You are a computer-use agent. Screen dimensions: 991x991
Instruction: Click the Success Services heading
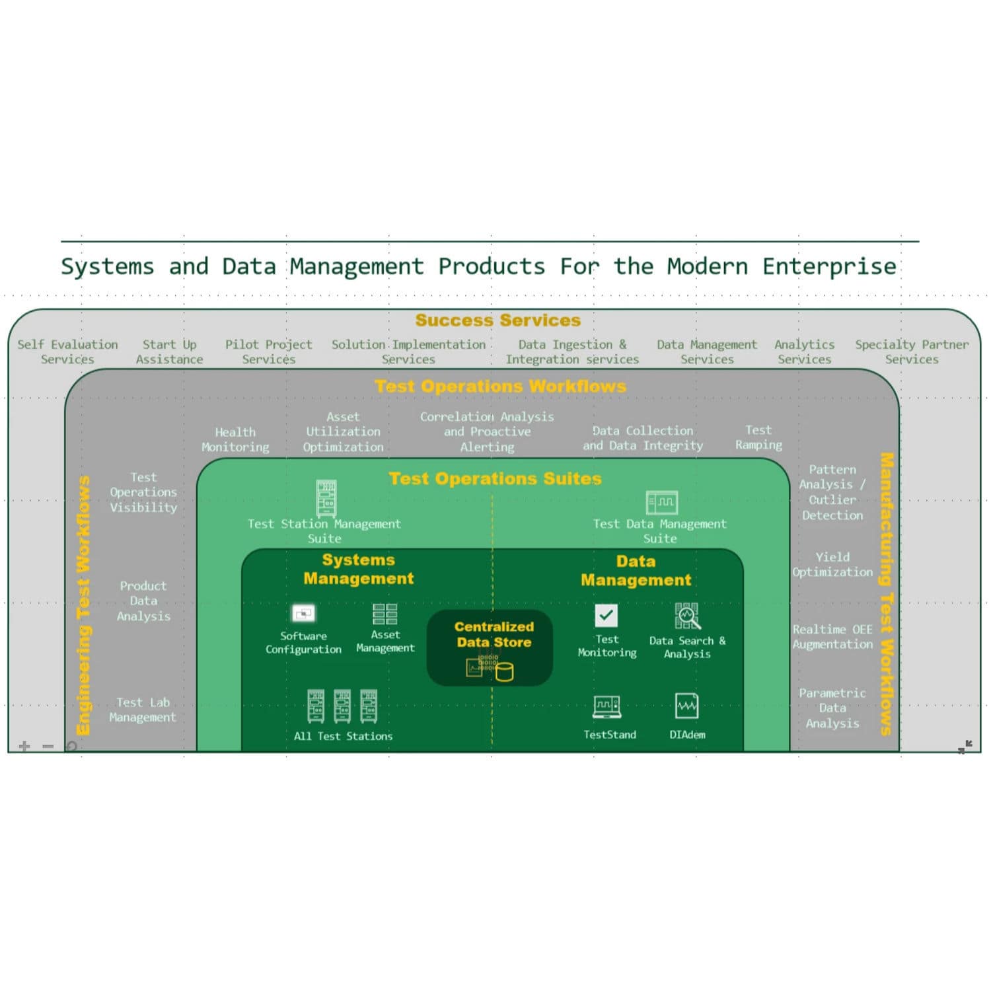tap(497, 320)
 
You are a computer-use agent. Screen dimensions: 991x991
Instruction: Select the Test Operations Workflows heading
tap(500, 386)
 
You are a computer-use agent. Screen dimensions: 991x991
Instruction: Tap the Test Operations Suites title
tap(495, 478)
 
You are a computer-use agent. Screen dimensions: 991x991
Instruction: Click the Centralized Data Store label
tap(494, 634)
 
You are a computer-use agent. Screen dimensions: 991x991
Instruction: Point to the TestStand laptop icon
tap(606, 707)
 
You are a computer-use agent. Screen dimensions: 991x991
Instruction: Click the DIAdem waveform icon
tap(686, 706)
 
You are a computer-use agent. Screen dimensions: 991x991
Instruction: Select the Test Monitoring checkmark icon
tap(606, 615)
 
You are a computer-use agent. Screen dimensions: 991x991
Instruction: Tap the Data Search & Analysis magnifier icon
tap(687, 616)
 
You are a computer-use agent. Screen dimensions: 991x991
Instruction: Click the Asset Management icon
tap(385, 614)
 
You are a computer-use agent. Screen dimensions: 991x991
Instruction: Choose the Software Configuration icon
tap(303, 614)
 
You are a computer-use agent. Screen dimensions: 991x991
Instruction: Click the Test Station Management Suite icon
tap(326, 498)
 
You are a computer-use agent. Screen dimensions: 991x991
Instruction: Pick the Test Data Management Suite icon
tap(661, 502)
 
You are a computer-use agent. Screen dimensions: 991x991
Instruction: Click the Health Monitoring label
tap(235, 439)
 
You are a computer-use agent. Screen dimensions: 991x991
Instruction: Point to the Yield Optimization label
tap(832, 564)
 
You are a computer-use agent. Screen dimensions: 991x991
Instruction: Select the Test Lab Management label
tap(143, 710)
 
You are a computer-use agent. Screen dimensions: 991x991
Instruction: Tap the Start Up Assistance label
tap(169, 351)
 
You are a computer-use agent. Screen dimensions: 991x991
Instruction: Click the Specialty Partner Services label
tap(912, 351)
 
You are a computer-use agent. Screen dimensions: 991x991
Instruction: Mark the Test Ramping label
tap(758, 437)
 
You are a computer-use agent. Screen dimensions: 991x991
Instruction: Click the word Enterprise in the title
tap(829, 266)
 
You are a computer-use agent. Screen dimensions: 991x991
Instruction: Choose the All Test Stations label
tap(343, 736)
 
